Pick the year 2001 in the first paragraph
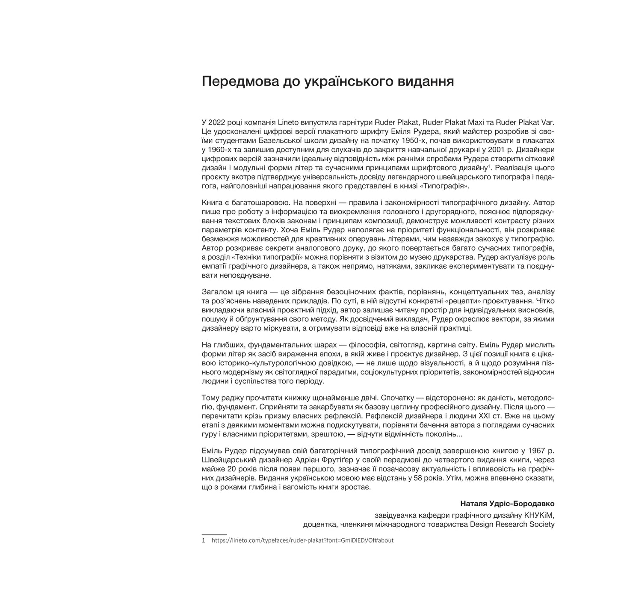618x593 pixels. [495, 150]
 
